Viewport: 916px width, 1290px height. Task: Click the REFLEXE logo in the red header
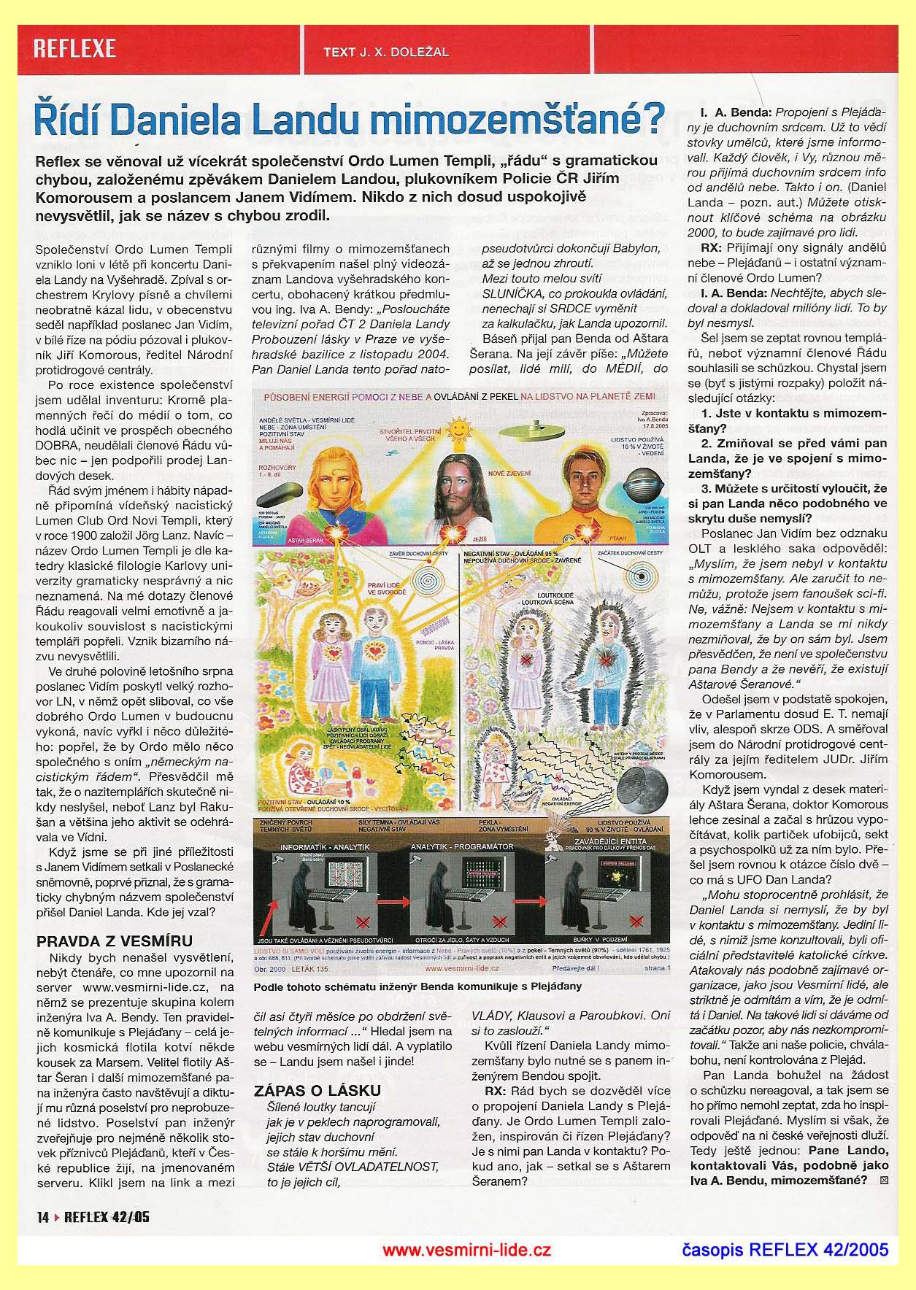tap(74, 49)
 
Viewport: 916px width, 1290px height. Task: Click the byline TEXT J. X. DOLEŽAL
tap(385, 52)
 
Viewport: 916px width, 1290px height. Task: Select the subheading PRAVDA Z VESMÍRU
tap(115, 941)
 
